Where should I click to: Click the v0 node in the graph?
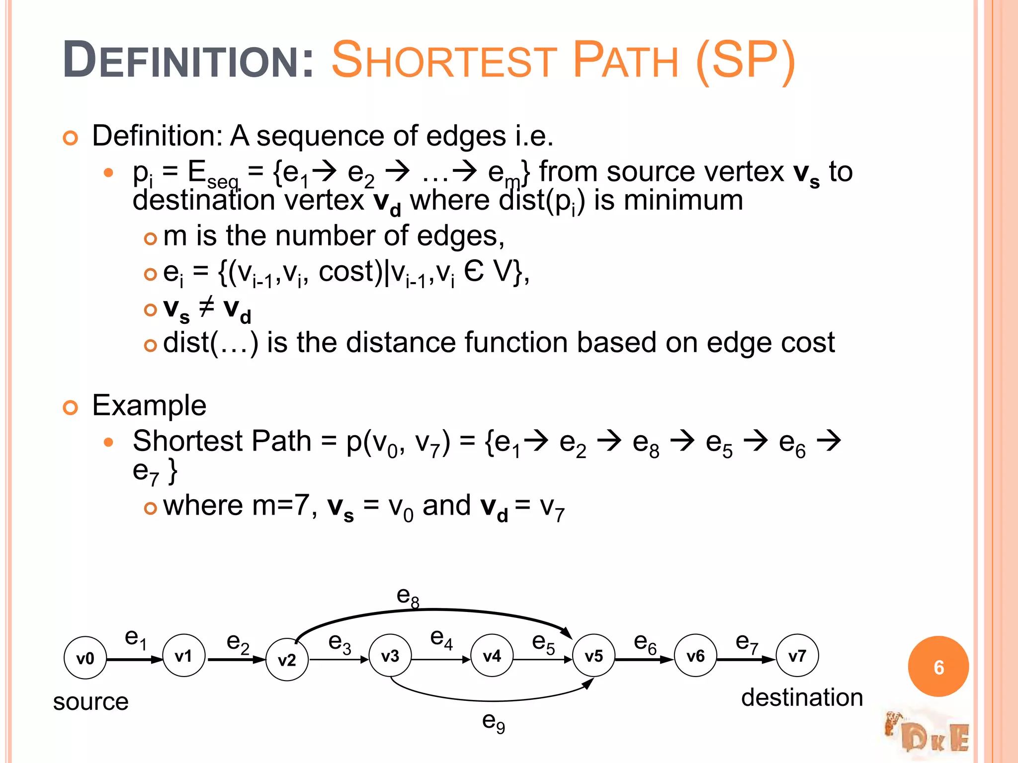[85, 658]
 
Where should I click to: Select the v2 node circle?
[287, 660]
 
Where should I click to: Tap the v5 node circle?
[594, 656]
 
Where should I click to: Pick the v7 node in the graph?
[797, 656]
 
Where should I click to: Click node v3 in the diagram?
[390, 656]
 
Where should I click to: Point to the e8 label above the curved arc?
[408, 596]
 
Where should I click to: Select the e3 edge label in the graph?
[339, 643]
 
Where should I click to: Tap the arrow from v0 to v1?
[135, 660]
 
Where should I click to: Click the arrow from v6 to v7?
[746, 660]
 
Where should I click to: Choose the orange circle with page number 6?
[938, 667]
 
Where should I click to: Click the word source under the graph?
[91, 701]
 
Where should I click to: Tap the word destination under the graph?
[802, 697]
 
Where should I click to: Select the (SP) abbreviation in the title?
[746, 61]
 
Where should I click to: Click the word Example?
[149, 405]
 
